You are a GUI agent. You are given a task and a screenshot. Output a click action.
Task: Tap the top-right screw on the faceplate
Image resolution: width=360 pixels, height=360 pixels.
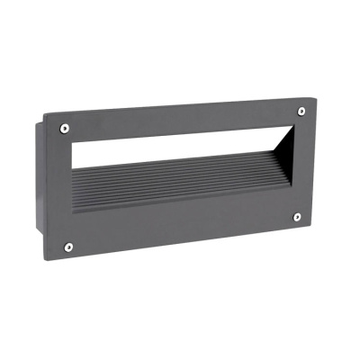(301, 111)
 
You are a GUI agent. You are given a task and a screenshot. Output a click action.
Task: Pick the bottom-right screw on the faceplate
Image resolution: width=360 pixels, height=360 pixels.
(296, 217)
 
